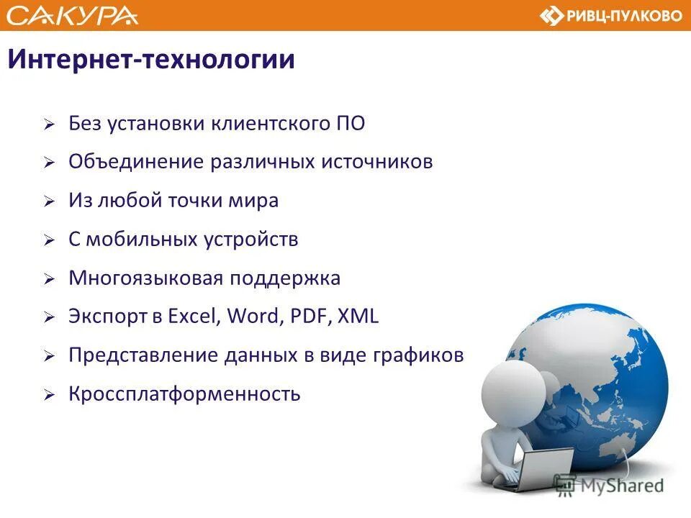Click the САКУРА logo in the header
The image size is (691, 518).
point(73,15)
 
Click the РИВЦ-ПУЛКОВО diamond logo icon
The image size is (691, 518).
point(552,16)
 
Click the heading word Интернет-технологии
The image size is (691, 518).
point(151,59)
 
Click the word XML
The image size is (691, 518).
point(358,317)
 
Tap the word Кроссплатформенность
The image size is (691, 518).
point(184,394)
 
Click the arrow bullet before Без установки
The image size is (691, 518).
point(48,124)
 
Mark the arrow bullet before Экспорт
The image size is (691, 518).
point(48,318)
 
